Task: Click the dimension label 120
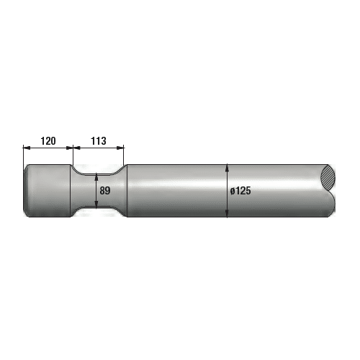click(x=48, y=141)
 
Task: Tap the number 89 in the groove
click(x=105, y=191)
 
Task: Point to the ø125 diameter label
click(x=240, y=191)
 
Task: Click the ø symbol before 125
click(x=233, y=191)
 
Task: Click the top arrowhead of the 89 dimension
click(x=97, y=176)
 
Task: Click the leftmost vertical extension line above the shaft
click(x=23, y=155)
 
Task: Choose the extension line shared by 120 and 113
click(x=72, y=155)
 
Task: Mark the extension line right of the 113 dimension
click(x=124, y=155)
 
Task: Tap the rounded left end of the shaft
click(x=27, y=191)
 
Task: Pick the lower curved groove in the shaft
click(x=98, y=211)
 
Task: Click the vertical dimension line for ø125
click(x=228, y=180)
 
